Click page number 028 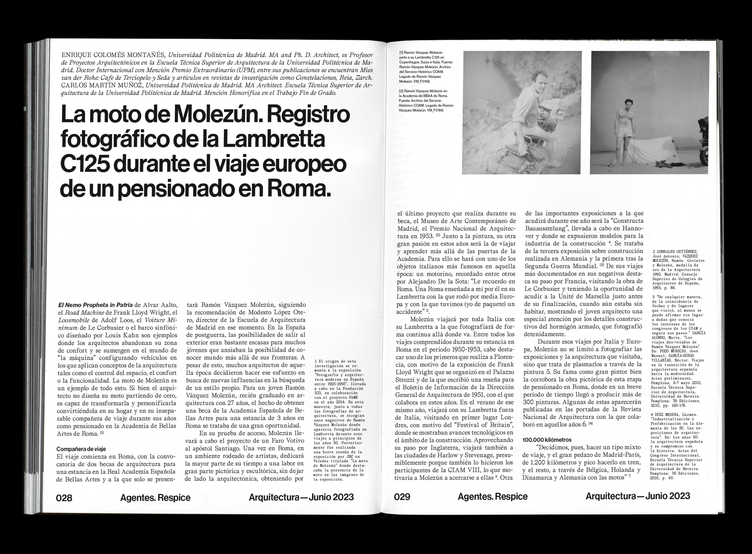[x=64, y=498]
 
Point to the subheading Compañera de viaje [x=81, y=449]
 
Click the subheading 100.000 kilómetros [x=547, y=440]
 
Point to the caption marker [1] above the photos [x=402, y=53]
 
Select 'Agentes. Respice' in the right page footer [x=493, y=497]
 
